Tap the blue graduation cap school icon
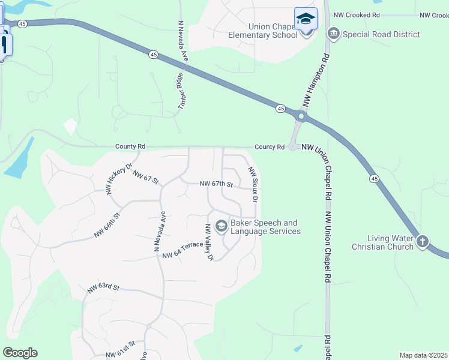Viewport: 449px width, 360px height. click(306, 19)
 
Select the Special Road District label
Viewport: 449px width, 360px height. click(381, 34)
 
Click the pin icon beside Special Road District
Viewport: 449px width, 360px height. click(334, 34)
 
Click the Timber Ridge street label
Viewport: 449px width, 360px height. click(179, 91)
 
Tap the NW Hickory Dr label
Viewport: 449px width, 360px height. click(118, 178)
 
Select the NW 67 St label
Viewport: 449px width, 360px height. click(145, 177)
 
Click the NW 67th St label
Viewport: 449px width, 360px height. click(216, 184)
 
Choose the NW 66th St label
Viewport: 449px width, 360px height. click(107, 224)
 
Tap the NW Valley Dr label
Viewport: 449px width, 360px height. click(209, 242)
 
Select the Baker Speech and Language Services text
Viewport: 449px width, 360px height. click(265, 227)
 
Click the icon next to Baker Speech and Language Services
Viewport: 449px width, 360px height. click(221, 226)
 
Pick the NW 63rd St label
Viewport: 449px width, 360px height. click(103, 288)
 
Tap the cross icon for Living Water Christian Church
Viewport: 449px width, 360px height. click(423, 241)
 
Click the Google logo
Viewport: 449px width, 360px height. click(20, 353)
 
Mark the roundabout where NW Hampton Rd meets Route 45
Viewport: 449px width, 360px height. click(301, 116)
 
